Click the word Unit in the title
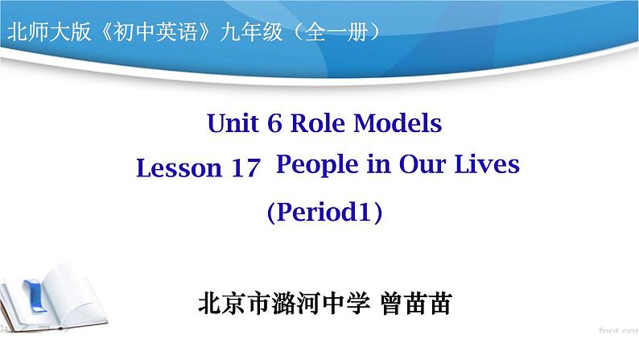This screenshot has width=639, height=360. (x=233, y=122)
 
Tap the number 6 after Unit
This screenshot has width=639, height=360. (x=274, y=122)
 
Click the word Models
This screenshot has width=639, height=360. (x=398, y=122)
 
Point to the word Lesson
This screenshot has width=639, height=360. (x=179, y=168)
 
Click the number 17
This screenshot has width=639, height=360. (x=245, y=168)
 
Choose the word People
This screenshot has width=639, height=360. (x=317, y=165)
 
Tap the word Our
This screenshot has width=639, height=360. (x=422, y=164)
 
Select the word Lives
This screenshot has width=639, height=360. (x=487, y=164)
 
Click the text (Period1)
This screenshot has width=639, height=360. (x=325, y=212)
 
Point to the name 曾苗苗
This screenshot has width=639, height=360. (x=416, y=304)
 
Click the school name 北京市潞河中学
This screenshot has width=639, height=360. (x=284, y=304)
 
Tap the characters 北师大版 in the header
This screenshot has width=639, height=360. (x=49, y=31)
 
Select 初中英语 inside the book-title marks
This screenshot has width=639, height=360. (x=155, y=31)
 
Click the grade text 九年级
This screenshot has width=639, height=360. (x=251, y=31)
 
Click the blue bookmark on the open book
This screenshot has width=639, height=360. (x=36, y=296)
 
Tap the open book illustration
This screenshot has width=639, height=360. (x=53, y=298)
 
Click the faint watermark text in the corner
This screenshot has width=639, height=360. (x=619, y=330)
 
